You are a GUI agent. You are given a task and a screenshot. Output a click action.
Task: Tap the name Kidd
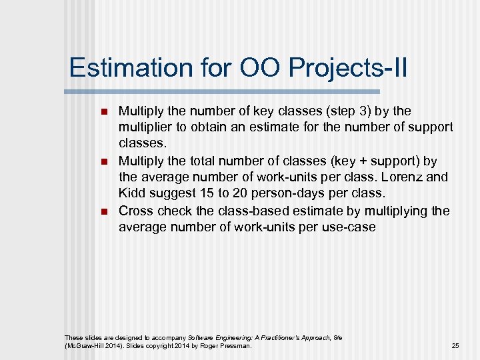point(131,194)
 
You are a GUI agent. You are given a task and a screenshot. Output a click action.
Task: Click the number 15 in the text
point(207,194)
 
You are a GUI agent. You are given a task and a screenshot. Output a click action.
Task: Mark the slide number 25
point(455,345)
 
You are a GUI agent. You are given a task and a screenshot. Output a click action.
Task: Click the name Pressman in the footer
point(237,345)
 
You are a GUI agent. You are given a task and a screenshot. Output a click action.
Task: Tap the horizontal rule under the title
point(223,91)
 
